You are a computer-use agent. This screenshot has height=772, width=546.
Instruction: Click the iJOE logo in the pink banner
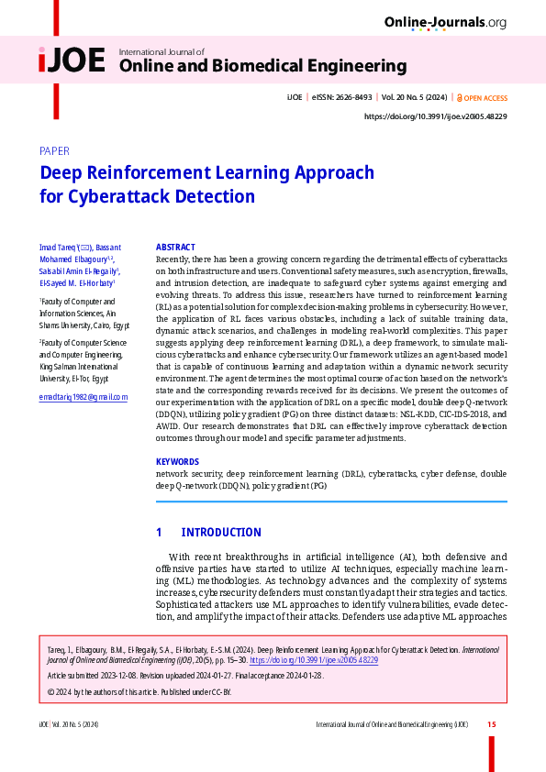tap(72, 61)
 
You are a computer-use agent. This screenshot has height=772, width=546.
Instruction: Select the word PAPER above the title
tap(54, 151)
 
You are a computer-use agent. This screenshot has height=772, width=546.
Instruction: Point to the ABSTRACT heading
tap(175, 248)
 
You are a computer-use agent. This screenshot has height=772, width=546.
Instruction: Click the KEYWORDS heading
tap(178, 462)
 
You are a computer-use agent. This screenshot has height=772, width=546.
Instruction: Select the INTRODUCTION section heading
tap(221, 533)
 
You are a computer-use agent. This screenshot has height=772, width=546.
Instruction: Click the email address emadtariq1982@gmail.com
tap(84, 397)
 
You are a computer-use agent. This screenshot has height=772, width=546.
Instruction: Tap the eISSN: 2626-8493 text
tap(341, 98)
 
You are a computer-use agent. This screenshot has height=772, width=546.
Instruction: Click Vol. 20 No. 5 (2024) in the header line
tap(415, 98)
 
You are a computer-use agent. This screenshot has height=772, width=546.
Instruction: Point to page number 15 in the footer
tap(492, 725)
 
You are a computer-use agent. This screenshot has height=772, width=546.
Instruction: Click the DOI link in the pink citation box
tap(313, 660)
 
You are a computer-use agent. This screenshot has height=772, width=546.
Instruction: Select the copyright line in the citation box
tap(139, 690)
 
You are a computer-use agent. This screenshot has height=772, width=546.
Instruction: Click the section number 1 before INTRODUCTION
tap(159, 533)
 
